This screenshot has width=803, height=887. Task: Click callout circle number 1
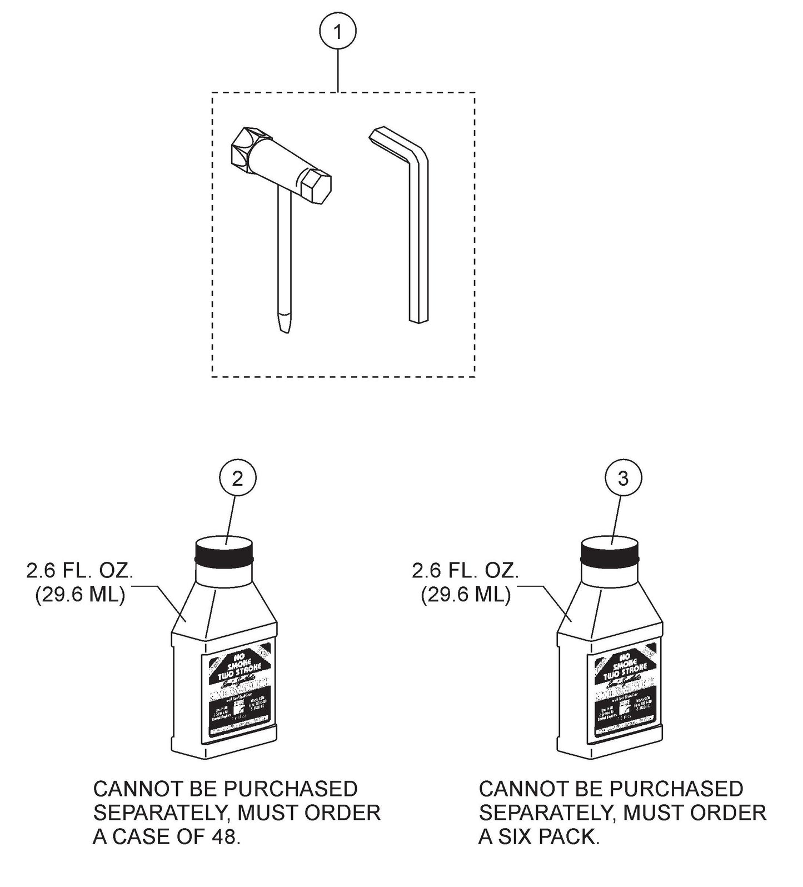point(337,31)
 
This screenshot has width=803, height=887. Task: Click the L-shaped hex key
point(418,233)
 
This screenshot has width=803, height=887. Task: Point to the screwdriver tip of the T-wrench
point(284,322)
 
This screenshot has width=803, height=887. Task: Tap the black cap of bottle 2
point(225,551)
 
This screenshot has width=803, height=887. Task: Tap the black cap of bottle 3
point(610,551)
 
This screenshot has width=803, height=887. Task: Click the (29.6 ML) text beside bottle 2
point(80,596)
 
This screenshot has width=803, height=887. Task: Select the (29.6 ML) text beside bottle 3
point(466,596)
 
